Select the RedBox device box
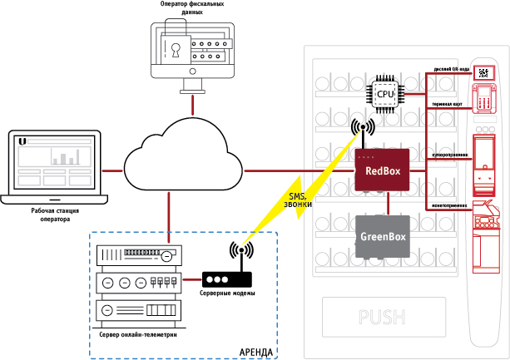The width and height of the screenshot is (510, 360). [383, 171]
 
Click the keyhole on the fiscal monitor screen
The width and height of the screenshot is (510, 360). [176, 49]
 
